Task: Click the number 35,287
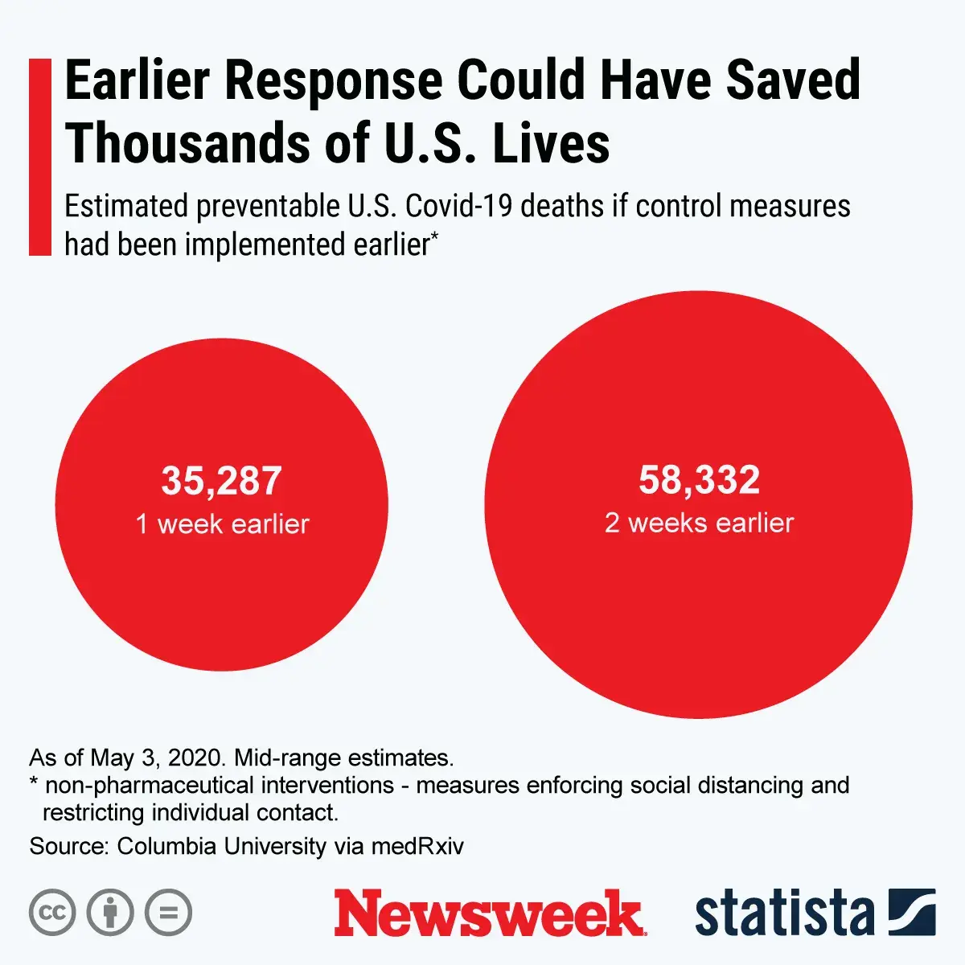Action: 221,481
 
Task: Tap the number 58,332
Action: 699,480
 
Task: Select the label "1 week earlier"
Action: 222,524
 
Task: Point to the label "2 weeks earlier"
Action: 699,524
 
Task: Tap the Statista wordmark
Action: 784,914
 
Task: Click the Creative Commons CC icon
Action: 52,913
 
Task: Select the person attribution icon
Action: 110,913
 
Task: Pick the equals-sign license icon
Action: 169,913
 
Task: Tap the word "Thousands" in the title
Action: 187,143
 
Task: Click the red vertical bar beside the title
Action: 39,157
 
